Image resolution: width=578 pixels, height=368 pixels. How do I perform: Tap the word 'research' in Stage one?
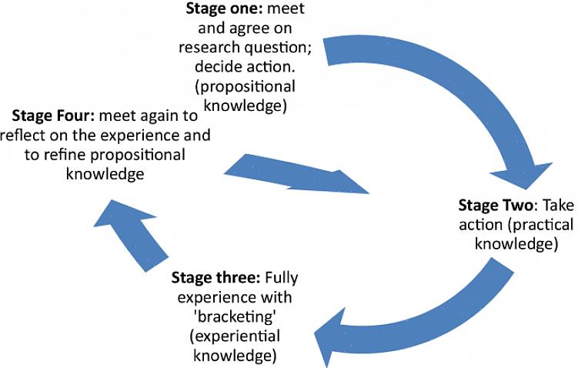[209, 48]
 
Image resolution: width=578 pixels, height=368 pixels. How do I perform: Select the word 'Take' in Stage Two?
[557, 206]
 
